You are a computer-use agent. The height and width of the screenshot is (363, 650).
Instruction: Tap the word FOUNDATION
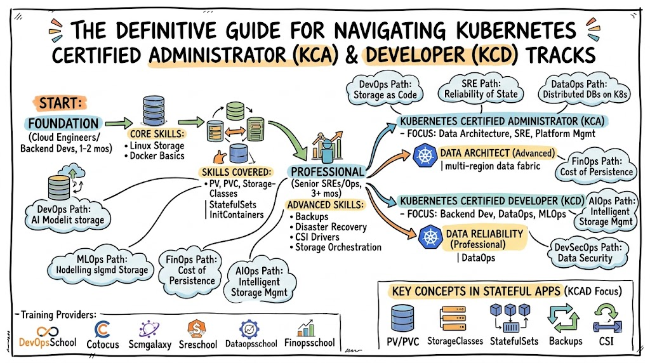point(63,123)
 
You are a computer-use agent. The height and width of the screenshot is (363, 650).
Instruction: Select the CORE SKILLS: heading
point(157,135)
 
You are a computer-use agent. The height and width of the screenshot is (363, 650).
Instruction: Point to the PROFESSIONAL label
point(327,172)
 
